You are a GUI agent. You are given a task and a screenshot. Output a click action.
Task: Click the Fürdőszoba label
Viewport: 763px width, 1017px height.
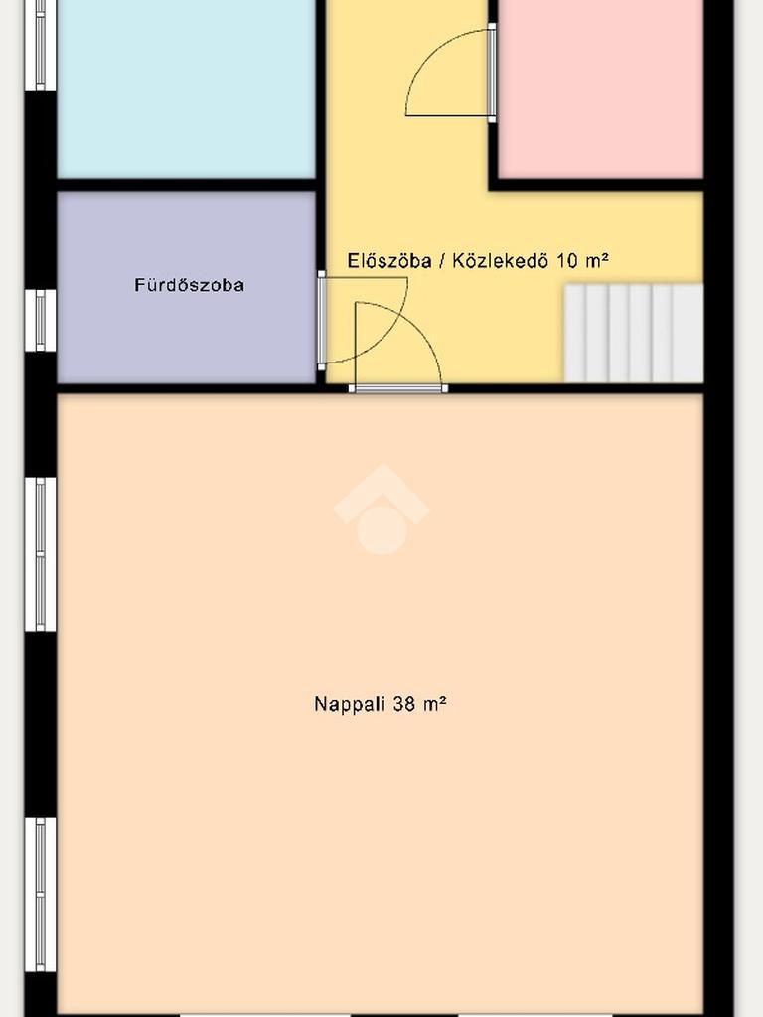tap(190, 285)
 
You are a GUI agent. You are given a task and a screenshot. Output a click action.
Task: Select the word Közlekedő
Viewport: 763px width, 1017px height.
tap(500, 261)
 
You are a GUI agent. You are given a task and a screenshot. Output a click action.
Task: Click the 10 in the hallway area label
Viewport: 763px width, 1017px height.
tap(567, 261)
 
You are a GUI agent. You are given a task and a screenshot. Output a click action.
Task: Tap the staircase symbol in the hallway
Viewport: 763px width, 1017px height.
tap(634, 334)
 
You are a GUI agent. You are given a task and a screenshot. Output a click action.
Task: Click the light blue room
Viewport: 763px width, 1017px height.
tap(186, 88)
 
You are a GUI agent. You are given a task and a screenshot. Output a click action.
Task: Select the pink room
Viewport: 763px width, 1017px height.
tap(601, 88)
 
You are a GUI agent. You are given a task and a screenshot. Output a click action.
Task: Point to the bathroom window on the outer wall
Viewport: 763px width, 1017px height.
tap(40, 320)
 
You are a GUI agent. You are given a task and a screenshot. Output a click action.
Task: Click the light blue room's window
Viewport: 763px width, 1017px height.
tap(40, 46)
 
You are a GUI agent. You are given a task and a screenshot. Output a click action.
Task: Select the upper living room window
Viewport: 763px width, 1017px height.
tap(40, 554)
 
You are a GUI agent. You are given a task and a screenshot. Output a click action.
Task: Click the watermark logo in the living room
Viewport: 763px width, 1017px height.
tap(381, 509)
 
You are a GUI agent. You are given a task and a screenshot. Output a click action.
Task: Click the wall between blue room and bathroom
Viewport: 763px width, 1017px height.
tap(186, 184)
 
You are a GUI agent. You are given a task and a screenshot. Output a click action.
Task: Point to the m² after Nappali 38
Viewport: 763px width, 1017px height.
tap(434, 704)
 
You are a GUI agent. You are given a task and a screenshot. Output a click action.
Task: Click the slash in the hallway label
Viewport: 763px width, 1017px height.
tap(442, 261)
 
